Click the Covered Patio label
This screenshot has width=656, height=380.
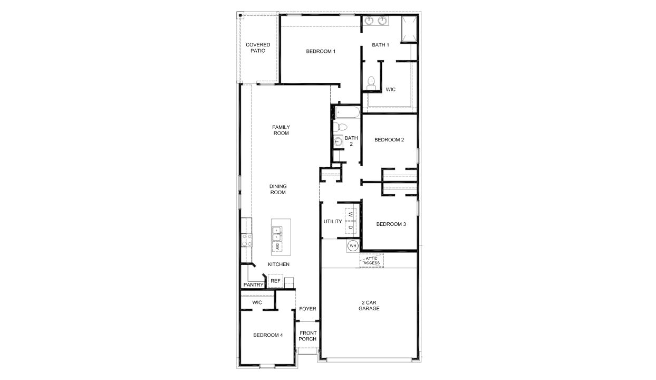coord(258,48)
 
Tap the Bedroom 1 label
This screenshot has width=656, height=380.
coord(321,51)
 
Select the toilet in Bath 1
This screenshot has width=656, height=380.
coord(371,82)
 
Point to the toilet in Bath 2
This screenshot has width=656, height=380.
coord(341,127)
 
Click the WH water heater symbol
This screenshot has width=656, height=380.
coord(353,246)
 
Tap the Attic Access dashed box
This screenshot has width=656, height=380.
coord(372,260)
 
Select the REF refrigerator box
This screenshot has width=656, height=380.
coord(275,281)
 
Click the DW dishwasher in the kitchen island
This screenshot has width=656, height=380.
coord(277,246)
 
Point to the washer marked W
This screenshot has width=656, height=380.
coord(351,215)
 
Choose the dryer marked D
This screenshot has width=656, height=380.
coord(351,227)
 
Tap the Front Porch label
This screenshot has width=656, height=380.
coord(307,336)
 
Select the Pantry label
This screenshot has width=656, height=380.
coord(254,285)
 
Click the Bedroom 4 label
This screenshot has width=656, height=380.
coord(268,335)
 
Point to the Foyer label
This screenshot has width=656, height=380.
coord(307,309)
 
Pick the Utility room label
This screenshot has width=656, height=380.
coord(333,221)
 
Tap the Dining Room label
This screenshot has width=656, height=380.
coord(278,189)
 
